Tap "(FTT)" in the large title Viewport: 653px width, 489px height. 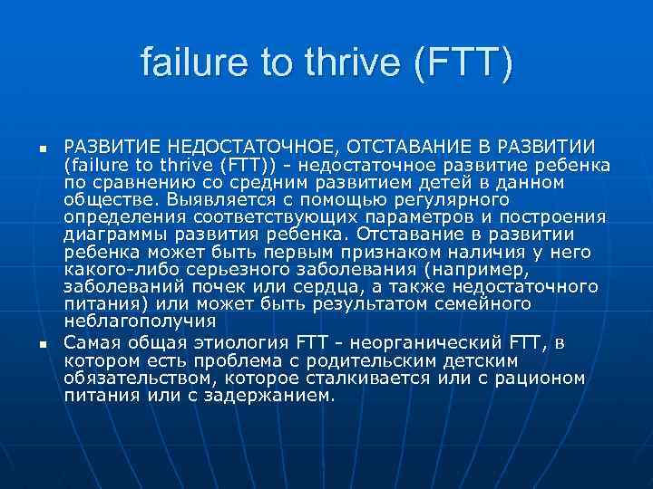click(x=463, y=62)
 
